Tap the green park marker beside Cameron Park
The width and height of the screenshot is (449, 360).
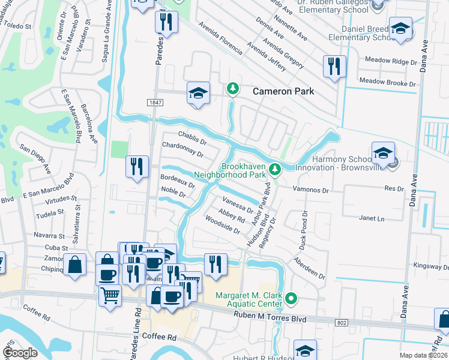(x=233, y=89)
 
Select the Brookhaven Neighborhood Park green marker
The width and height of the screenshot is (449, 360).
(x=274, y=170)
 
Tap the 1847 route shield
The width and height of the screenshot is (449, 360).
(x=155, y=103)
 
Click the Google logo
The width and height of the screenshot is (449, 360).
(x=20, y=352)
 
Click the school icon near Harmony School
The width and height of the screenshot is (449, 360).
(x=382, y=154)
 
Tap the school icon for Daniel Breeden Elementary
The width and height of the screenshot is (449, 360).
(x=400, y=29)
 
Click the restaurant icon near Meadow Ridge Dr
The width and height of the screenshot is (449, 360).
(x=334, y=65)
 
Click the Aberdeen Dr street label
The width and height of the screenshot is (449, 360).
(x=309, y=268)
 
